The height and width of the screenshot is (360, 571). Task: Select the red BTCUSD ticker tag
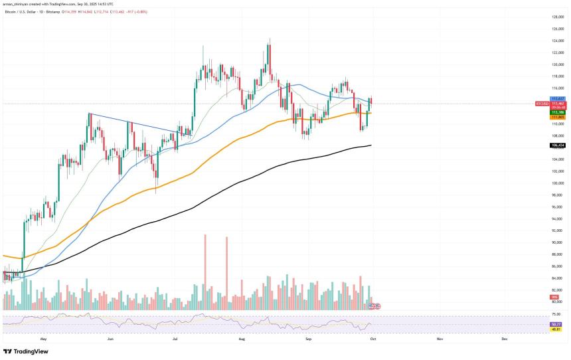tap(541, 104)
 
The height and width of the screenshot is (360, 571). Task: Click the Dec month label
tap(505, 339)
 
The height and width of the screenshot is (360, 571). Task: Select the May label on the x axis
tap(44, 339)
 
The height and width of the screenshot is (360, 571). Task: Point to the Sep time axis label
tap(307, 339)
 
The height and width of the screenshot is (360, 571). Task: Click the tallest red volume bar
tap(206, 272)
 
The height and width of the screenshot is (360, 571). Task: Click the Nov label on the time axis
tap(440, 339)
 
